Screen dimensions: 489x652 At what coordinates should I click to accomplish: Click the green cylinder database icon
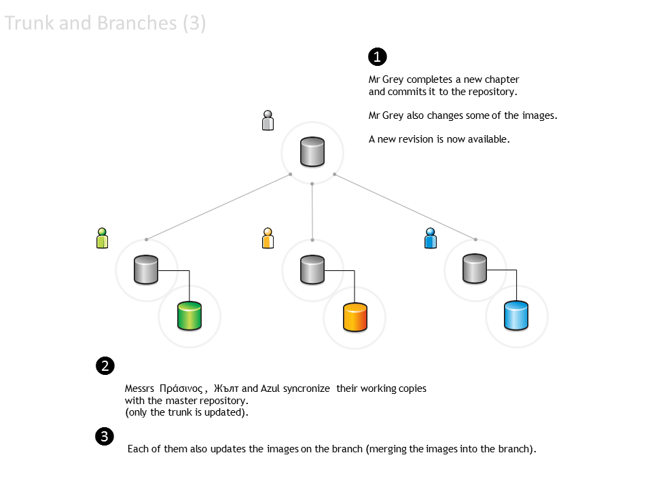[189, 316]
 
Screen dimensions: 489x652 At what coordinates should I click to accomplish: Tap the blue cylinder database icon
[517, 316]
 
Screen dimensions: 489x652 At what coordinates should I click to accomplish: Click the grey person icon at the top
[268, 120]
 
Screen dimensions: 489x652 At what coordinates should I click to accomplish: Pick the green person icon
[103, 238]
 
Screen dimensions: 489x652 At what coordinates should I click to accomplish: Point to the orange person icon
[268, 238]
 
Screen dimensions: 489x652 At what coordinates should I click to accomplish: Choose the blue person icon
[430, 238]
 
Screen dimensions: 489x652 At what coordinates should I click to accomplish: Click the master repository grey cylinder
[312, 152]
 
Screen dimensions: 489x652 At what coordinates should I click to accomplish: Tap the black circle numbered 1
[377, 56]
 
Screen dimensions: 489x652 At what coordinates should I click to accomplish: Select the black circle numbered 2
[105, 366]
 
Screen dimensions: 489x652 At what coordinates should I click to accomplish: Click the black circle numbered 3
[105, 437]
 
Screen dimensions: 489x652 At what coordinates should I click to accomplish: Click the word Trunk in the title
[27, 24]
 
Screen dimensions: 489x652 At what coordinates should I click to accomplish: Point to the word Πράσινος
[181, 389]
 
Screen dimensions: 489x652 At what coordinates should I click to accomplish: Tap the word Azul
[270, 389]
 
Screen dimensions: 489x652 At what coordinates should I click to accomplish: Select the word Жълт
[226, 389]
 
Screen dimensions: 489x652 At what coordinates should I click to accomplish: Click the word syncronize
[306, 389]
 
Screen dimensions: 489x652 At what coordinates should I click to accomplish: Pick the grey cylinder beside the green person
[146, 270]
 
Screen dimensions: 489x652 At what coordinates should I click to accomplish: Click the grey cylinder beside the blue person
[475, 270]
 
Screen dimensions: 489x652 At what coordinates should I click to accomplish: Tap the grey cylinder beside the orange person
[312, 270]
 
